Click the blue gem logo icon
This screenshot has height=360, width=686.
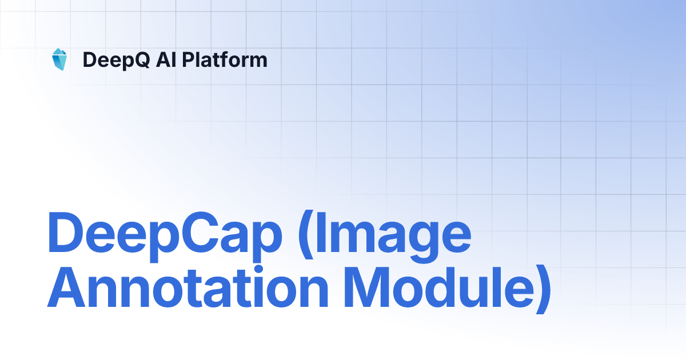tap(59, 59)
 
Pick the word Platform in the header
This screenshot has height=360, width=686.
tap(225, 59)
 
